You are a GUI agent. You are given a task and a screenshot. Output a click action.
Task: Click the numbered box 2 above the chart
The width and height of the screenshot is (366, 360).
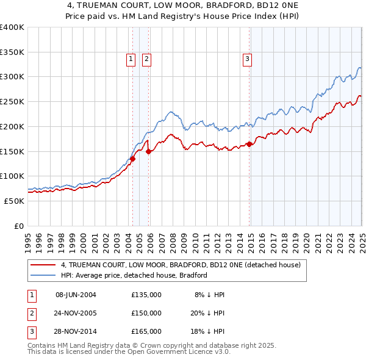coord(147,59)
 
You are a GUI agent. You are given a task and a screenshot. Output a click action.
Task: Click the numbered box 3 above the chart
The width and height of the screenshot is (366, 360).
coord(247,59)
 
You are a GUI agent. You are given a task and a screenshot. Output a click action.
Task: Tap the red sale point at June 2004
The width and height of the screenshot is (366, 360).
coord(132,159)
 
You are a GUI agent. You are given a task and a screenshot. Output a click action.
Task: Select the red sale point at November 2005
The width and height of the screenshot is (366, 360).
coord(149,151)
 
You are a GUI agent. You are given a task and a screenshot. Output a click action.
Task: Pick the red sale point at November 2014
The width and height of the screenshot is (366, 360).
coord(249,144)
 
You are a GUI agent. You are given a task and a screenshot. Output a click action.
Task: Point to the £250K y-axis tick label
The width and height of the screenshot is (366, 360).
coord(12,101)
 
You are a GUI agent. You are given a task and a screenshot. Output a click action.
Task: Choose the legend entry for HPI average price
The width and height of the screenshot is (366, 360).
coord(134,275)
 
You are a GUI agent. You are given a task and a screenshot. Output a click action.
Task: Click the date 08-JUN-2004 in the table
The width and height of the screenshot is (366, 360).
coord(76,295)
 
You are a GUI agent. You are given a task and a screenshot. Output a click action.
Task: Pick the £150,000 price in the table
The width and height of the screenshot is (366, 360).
coord(146,313)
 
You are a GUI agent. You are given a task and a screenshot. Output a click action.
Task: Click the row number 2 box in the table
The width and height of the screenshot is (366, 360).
coord(30,313)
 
